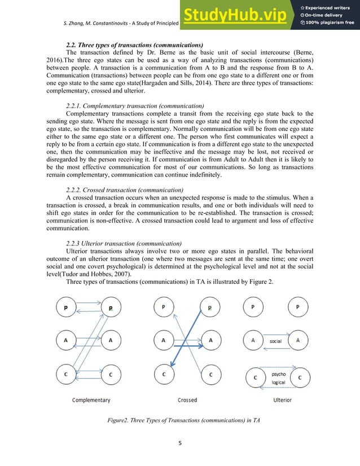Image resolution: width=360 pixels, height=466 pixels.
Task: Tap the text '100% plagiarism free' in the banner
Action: [330, 23]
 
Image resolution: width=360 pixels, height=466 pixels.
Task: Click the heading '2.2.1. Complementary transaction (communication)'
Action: [135, 106]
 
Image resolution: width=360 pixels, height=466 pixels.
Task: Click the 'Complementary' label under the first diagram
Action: [91, 400]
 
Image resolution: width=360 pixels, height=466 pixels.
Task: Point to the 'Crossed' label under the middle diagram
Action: [187, 400]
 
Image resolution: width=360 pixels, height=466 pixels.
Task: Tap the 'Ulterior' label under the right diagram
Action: [282, 400]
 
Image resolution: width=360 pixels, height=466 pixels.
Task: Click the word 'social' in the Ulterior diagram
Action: [275, 341]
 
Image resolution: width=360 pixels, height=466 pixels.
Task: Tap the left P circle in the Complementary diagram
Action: [67, 308]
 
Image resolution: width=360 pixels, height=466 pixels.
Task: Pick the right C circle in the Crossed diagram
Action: [210, 374]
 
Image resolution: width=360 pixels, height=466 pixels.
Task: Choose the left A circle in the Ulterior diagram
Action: [254, 340]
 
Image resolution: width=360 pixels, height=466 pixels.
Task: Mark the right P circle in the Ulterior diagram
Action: [297, 307]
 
